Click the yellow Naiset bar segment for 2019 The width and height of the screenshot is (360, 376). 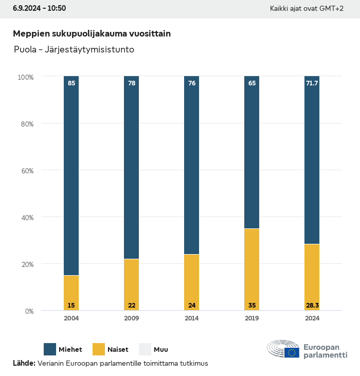251,267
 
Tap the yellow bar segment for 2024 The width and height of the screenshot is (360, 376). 312,275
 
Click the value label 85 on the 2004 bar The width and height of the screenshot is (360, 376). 71,83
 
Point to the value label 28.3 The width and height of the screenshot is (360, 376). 312,306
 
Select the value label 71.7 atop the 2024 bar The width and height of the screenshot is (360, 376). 312,83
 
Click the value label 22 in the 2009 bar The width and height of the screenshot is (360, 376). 132,306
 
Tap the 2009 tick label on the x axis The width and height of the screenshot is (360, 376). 131,318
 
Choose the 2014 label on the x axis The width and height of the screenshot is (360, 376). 191,318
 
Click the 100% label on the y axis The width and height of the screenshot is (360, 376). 25,77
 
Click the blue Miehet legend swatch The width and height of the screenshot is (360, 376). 50,349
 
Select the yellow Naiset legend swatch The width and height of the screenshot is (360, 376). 98,349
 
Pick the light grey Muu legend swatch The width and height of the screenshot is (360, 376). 145,349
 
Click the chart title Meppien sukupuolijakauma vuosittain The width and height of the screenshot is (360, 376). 92,33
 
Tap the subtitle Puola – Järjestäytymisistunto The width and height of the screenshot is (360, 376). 74,50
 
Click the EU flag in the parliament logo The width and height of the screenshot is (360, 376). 292,352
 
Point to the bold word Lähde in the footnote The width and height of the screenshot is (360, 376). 24,363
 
